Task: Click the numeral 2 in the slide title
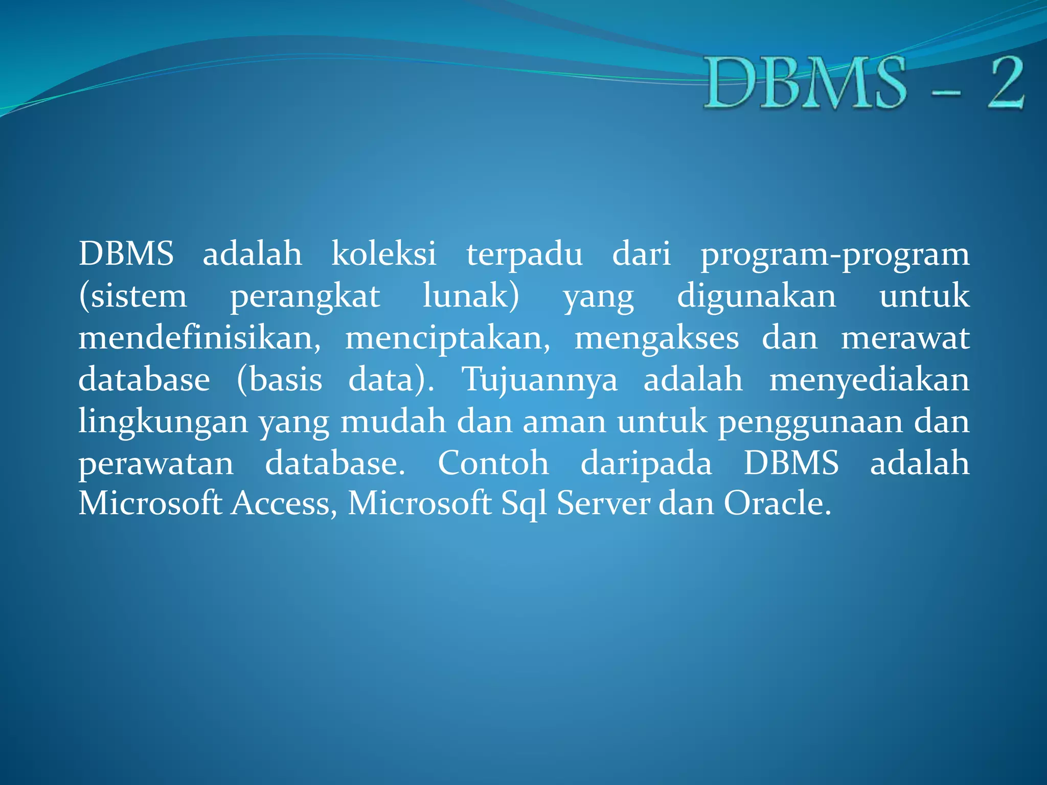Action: tap(1005, 83)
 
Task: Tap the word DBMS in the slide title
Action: tap(806, 83)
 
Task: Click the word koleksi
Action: tap(384, 253)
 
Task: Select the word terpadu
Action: tap(524, 255)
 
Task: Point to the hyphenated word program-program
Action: tap(835, 255)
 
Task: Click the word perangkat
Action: tap(305, 297)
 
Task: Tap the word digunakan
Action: tap(757, 297)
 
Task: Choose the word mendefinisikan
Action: tap(199, 338)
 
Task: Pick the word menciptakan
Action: tap(448, 339)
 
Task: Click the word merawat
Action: tap(905, 338)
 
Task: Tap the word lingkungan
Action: tap(163, 423)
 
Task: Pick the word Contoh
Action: tap(493, 464)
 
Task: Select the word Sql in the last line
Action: tap(523, 504)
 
